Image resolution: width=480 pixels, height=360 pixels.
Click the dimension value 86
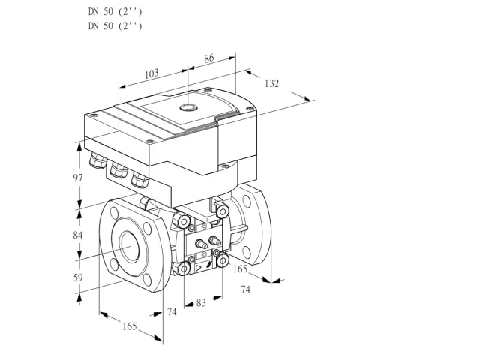click(209, 58)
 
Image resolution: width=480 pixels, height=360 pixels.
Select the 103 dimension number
click(151, 73)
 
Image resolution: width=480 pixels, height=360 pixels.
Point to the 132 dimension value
click(271, 83)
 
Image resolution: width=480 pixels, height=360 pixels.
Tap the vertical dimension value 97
click(78, 178)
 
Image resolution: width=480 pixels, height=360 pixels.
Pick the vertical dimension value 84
click(78, 235)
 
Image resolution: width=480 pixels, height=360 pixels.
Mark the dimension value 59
click(78, 277)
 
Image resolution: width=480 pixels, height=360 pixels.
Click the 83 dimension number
click(201, 302)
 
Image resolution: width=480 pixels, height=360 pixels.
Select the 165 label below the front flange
click(130, 326)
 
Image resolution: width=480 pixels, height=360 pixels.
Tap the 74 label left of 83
click(172, 312)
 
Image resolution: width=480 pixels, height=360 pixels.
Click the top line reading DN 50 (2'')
click(115, 12)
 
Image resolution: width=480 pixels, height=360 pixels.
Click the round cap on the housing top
click(188, 106)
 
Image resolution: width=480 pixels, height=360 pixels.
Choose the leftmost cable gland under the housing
click(97, 160)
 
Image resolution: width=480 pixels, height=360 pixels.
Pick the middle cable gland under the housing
click(118, 169)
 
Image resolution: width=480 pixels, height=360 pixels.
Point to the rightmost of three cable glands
click(140, 180)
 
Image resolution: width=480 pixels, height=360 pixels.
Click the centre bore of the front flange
click(130, 247)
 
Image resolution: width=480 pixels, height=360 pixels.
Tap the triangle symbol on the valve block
click(199, 268)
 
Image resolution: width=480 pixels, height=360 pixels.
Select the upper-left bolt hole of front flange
click(115, 213)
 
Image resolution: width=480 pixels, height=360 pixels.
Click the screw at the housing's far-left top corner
click(93, 115)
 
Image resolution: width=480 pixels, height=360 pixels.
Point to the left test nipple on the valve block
click(201, 244)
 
